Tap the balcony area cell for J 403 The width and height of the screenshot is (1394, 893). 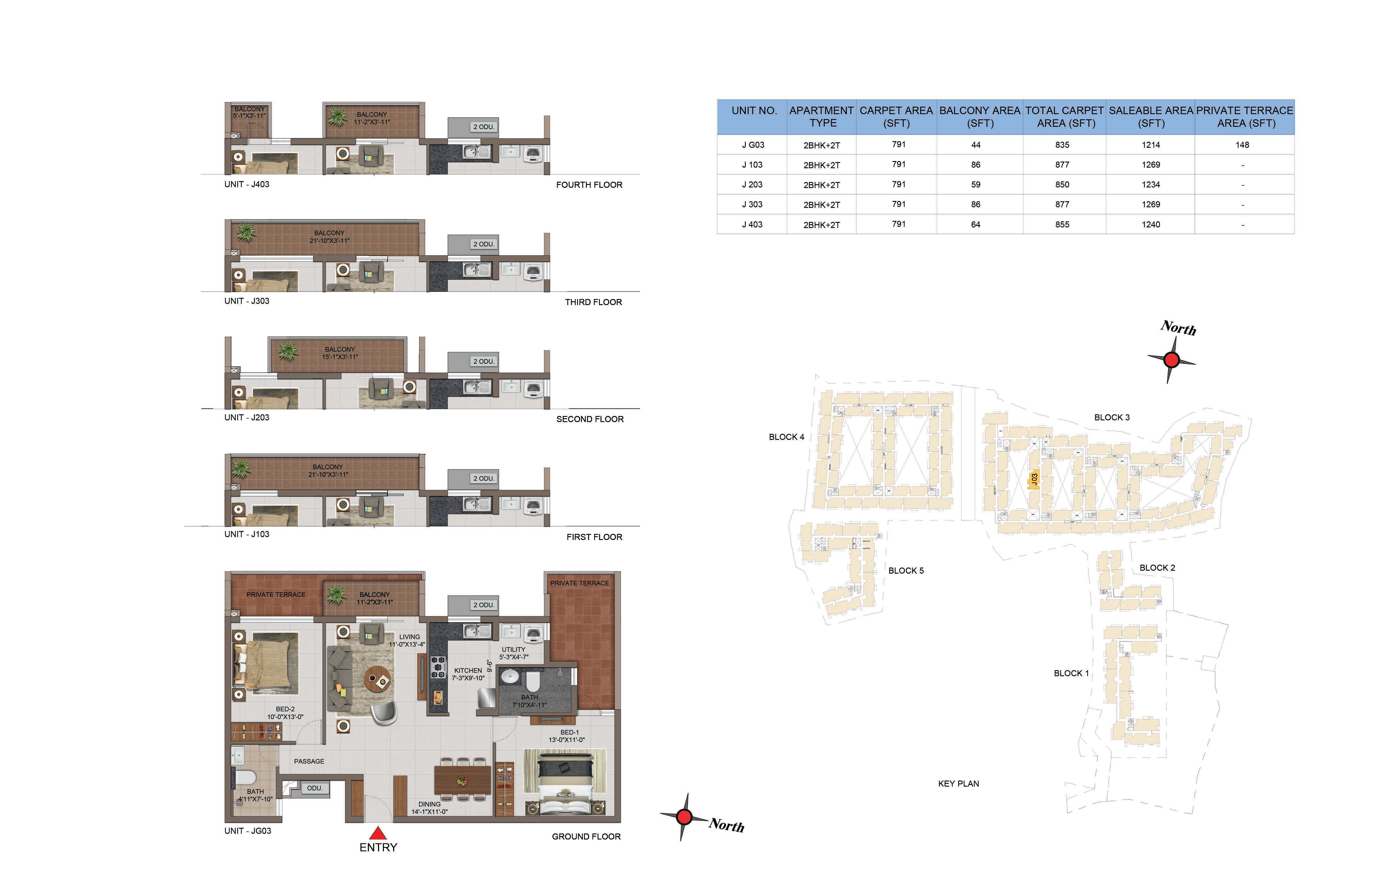tap(975, 225)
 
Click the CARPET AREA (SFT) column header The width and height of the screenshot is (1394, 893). tap(896, 116)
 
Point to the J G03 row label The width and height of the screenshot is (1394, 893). tap(753, 145)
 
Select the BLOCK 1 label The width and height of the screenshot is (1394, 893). tap(1071, 673)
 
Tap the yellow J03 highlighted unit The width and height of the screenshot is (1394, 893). tap(1034, 480)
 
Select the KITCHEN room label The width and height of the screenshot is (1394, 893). tap(468, 670)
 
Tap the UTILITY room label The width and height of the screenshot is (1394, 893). tap(514, 649)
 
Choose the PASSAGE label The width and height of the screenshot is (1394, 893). tap(309, 761)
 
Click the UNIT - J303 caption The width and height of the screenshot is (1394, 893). tap(247, 301)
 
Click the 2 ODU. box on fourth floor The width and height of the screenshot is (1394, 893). tap(484, 127)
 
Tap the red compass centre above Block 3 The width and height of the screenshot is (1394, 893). tap(1171, 360)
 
